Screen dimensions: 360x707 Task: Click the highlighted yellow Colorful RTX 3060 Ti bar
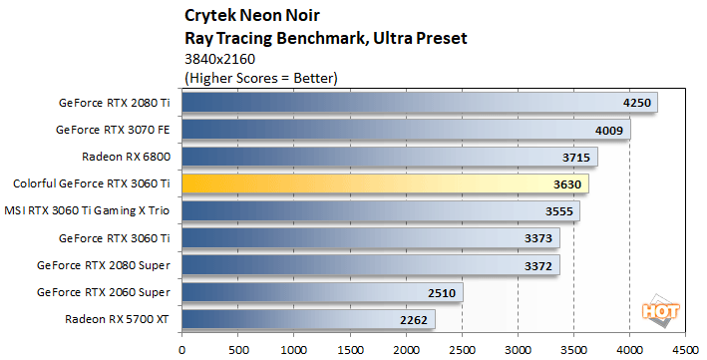[384, 184]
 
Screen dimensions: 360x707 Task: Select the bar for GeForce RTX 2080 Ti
[419, 103]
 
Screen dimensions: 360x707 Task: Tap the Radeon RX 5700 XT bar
[308, 320]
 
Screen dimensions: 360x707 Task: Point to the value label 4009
[610, 130]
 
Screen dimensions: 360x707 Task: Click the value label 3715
[577, 158]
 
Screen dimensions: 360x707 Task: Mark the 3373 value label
[539, 238]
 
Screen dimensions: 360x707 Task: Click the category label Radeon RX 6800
[129, 157]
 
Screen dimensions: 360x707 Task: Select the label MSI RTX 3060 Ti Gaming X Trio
[91, 211]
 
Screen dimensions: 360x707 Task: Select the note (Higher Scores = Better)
[261, 77]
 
